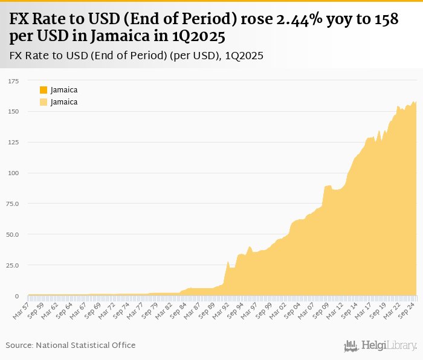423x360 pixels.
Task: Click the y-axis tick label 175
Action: pos(13,80)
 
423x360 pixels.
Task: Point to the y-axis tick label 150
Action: pos(13,111)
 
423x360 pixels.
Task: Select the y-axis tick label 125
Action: pos(13,142)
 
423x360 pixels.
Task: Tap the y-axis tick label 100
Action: pos(13,173)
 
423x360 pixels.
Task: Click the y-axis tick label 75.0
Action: pos(12,204)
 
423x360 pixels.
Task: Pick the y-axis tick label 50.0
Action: pos(12,234)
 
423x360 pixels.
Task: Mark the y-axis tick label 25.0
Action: pos(12,265)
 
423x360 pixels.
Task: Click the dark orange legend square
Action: pos(44,90)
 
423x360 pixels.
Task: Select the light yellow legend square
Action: pos(44,102)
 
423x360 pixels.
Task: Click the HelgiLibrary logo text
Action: pos(389,346)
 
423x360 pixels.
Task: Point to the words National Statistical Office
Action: pos(86,345)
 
